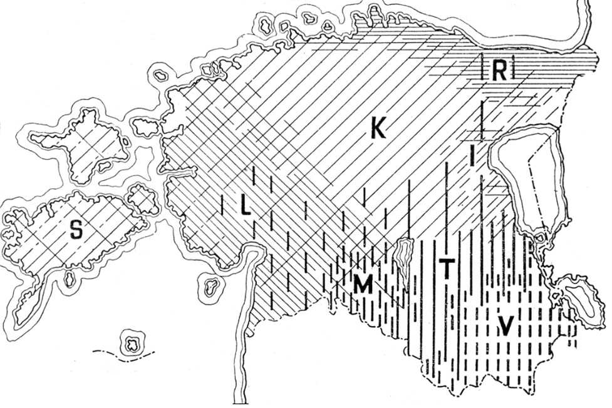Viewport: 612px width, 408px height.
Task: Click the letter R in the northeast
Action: (x=499, y=71)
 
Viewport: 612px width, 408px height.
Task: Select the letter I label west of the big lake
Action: (x=471, y=156)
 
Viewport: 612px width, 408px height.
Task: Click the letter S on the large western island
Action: (x=76, y=230)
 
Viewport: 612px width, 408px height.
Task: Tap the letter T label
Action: (x=446, y=268)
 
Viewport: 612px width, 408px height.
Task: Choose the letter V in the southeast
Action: (x=506, y=324)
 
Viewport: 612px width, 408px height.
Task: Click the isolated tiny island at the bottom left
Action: (x=132, y=342)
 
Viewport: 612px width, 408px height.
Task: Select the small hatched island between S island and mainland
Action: (x=143, y=200)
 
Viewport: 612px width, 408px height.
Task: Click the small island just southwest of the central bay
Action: (x=212, y=286)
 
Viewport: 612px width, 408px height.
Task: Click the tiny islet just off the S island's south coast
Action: (x=70, y=279)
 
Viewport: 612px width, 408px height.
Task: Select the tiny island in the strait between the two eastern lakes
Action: (x=541, y=237)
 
